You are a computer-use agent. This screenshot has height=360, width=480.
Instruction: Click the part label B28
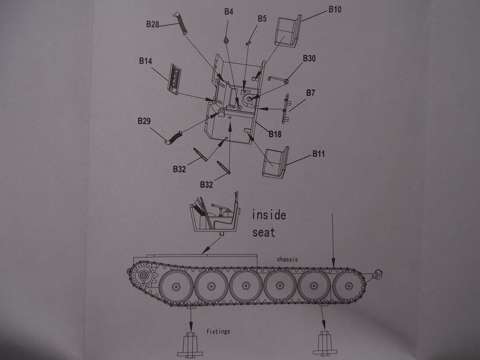(152, 24)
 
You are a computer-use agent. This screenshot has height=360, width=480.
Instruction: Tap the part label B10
(335, 9)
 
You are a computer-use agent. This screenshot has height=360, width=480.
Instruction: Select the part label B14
(145, 61)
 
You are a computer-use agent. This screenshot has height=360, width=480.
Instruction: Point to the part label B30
(309, 59)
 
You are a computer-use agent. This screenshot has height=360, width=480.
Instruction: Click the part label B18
(275, 134)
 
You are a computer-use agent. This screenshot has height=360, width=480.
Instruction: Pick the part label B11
(319, 154)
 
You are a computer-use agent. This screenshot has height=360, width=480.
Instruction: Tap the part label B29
(144, 121)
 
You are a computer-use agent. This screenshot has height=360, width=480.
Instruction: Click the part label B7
(310, 93)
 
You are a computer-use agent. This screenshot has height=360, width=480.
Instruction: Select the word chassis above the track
(287, 259)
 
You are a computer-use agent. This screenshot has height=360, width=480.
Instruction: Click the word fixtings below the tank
(218, 331)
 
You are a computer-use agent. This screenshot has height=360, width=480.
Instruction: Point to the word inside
(269, 215)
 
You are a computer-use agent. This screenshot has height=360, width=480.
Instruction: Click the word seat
(264, 232)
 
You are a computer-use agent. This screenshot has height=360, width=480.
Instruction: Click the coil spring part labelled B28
(181, 22)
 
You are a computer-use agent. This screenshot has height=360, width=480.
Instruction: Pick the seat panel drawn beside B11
(275, 163)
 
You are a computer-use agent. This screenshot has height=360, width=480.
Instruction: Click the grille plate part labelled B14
(174, 78)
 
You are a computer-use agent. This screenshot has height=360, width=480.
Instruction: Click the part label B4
(228, 12)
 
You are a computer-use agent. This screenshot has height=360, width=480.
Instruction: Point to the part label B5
(262, 19)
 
